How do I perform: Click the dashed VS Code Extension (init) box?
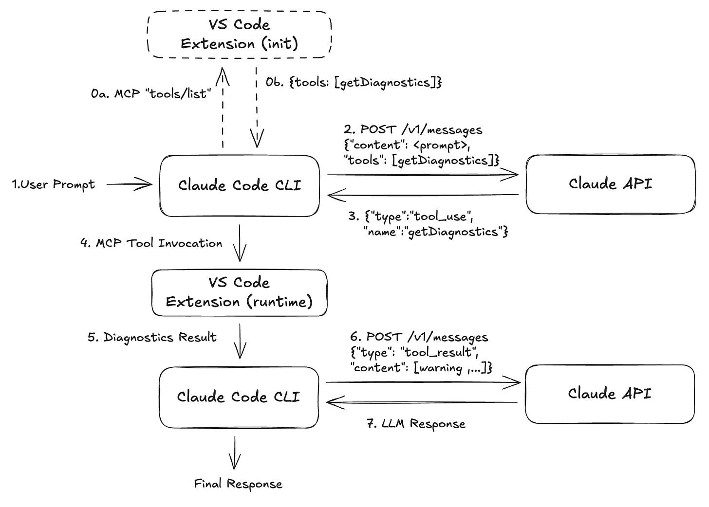tap(239, 35)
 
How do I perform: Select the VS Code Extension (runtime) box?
tap(239, 292)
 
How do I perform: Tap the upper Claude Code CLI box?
tap(240, 185)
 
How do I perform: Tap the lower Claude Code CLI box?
tap(239, 397)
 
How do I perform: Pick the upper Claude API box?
tap(610, 184)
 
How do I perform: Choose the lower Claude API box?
tap(610, 394)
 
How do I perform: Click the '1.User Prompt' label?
tap(54, 185)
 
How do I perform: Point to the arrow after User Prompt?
tap(129, 184)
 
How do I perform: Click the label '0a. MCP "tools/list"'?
tap(151, 93)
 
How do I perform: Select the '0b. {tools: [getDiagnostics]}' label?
tap(354, 82)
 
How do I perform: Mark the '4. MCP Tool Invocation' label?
tap(151, 243)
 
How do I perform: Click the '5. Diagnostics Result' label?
tap(152, 337)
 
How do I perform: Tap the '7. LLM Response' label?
tap(416, 424)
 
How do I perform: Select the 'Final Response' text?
tap(238, 484)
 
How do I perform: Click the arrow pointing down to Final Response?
tap(235, 452)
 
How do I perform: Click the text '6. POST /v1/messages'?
tap(419, 337)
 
